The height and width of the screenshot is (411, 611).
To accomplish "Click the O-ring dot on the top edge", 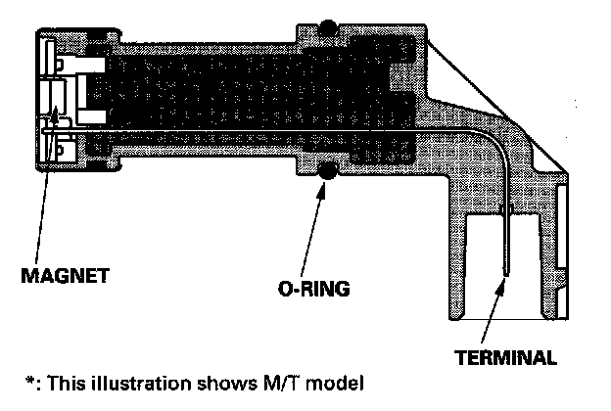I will point(327,22).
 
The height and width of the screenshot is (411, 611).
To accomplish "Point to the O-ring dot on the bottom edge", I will point(327,172).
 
